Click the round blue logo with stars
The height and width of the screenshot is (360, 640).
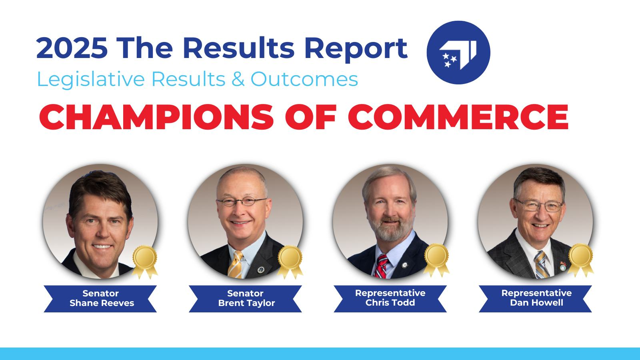click(x=458, y=52)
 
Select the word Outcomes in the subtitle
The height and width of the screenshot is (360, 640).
click(x=304, y=79)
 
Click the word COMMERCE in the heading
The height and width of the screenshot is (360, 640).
click(x=458, y=116)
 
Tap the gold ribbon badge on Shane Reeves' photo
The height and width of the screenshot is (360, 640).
click(x=145, y=260)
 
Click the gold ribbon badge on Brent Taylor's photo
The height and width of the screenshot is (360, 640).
click(x=290, y=260)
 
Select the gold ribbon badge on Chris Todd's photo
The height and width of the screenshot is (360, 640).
click(x=436, y=258)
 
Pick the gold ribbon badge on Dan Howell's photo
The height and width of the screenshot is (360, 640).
click(x=580, y=258)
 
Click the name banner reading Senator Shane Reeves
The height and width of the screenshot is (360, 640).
click(x=100, y=298)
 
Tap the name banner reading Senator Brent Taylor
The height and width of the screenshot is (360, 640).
click(x=245, y=298)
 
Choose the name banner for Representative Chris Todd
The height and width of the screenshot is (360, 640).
click(x=390, y=298)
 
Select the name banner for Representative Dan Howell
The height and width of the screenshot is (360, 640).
click(x=536, y=298)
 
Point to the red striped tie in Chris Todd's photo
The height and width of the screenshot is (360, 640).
click(x=381, y=266)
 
